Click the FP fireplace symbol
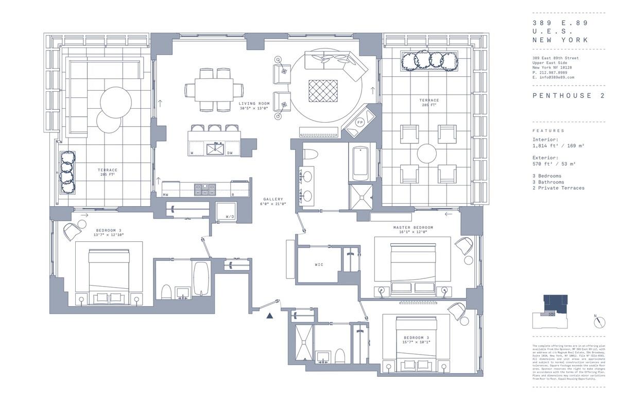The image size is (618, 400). pyautogui.click(x=360, y=123)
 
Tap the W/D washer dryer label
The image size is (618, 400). pyautogui.click(x=230, y=216)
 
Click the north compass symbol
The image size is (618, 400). pyautogui.click(x=599, y=322)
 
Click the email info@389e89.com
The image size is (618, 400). pyautogui.click(x=553, y=77)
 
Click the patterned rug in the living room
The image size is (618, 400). pyautogui.click(x=323, y=91)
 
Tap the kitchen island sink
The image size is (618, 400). pyautogui.click(x=214, y=149)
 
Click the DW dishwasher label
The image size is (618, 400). pyautogui.click(x=230, y=153)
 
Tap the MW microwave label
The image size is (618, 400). pyautogui.click(x=166, y=195)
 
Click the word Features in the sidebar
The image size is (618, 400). pyautogui.click(x=548, y=131)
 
